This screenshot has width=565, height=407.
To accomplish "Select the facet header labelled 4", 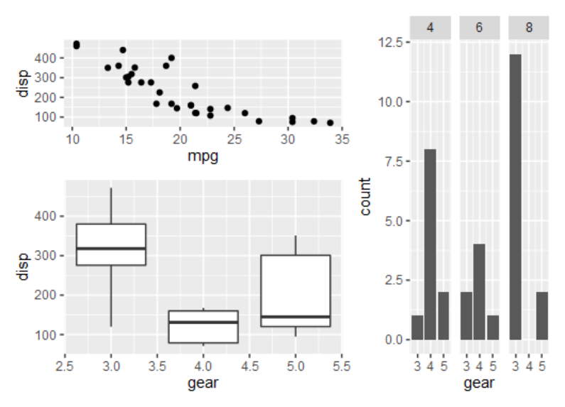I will pyautogui.click(x=430, y=28).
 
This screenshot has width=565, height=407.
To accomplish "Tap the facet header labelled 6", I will pyautogui.click(x=479, y=28).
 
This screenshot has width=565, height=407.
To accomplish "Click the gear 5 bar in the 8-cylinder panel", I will pyautogui.click(x=542, y=315).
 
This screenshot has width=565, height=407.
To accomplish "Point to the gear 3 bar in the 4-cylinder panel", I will pyautogui.click(x=417, y=327).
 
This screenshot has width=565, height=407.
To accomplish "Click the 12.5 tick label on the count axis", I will pyautogui.click(x=390, y=43).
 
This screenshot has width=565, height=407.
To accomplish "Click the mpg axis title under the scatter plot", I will pyautogui.click(x=203, y=156).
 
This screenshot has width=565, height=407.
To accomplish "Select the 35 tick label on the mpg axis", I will pyautogui.click(x=342, y=139).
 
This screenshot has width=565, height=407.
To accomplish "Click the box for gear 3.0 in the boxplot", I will pyautogui.click(x=111, y=244).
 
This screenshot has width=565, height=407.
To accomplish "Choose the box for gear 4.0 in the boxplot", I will pyautogui.click(x=203, y=327).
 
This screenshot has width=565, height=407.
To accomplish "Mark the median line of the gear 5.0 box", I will pyautogui.click(x=296, y=316).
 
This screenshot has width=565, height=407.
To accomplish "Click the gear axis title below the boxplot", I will pyautogui.click(x=203, y=384).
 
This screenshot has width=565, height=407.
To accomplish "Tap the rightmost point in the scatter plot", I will pyautogui.click(x=330, y=123).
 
